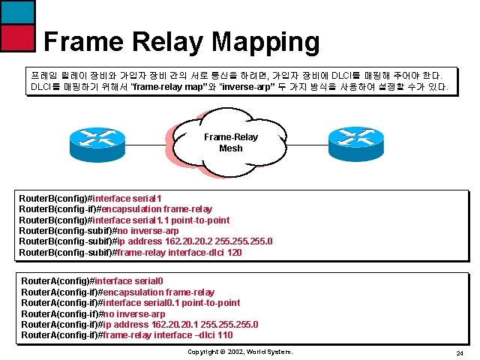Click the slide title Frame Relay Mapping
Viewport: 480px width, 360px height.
[x=181, y=41]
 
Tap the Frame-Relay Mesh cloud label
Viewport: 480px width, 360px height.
[x=230, y=142]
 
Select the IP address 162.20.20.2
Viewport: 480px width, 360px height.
[x=178, y=241]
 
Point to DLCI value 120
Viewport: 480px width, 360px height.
[x=234, y=253]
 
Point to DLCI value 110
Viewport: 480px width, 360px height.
[x=225, y=335]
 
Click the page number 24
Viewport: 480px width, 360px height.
[x=460, y=352]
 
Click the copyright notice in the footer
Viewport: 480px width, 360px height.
[x=239, y=352]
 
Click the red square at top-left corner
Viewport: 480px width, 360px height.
[x=16, y=38]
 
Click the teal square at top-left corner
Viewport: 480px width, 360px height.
[x=16, y=11]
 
